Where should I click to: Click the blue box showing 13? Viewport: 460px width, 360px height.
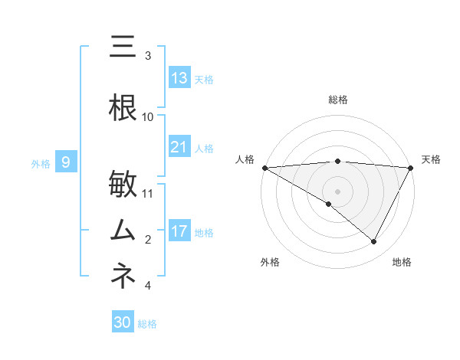(179, 78)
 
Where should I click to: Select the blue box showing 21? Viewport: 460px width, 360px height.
(179, 147)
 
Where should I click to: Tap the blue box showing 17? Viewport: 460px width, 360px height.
(179, 231)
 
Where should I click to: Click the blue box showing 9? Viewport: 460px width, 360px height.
(66, 162)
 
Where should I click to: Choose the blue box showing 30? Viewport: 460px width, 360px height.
(123, 322)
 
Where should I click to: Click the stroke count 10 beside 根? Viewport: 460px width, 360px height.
(148, 116)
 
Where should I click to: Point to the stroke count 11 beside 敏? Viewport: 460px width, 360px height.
(148, 193)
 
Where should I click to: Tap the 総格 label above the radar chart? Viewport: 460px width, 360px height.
(337, 100)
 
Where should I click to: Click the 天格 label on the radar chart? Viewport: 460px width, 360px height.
(432, 159)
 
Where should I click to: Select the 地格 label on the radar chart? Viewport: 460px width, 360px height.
(402, 263)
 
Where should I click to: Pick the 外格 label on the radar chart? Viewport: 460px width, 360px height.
(270, 263)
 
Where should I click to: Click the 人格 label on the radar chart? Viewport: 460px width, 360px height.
(245, 159)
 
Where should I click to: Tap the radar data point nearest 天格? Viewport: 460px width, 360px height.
(411, 167)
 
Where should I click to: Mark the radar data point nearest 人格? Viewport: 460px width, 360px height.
(264, 167)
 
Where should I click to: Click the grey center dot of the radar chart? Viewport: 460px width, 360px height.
(337, 190)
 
